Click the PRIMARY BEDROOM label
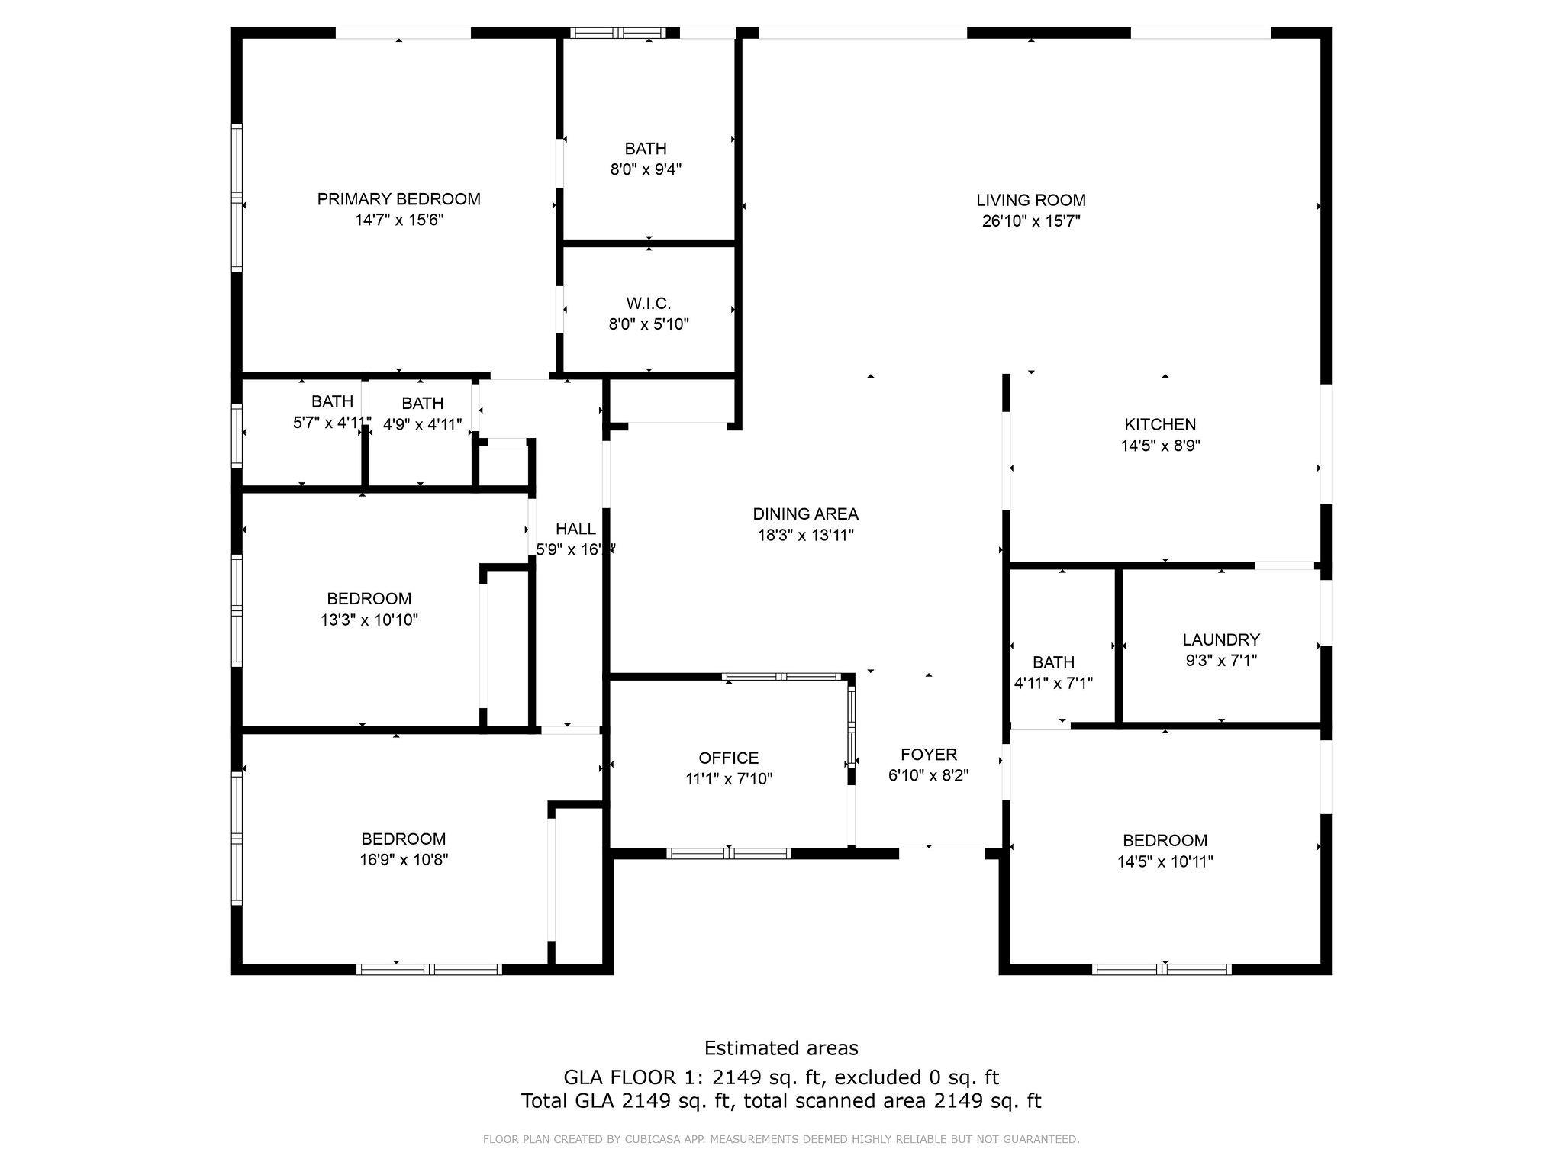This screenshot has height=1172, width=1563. point(399,199)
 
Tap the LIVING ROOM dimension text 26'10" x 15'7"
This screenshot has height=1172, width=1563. point(1031,221)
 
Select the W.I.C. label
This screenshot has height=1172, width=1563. point(649,304)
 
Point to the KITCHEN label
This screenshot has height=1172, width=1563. point(1160,424)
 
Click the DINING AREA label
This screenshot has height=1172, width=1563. point(805,514)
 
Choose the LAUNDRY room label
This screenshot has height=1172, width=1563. point(1221,639)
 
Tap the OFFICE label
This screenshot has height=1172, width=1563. point(729,758)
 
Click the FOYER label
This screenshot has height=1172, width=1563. point(929,755)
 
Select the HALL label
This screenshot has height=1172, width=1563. point(575,529)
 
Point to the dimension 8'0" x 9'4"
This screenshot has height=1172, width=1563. point(646,169)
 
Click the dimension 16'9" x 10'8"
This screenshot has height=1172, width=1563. point(404,860)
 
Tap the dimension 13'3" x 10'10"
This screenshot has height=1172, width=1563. point(369,620)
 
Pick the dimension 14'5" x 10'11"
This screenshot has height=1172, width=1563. point(1165,861)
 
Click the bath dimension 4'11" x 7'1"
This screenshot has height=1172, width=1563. point(1053,683)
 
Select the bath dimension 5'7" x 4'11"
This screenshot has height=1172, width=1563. point(332,423)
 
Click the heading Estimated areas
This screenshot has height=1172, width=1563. point(781,1048)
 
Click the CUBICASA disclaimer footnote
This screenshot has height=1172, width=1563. point(781,1140)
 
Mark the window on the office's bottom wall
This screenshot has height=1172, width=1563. point(729,853)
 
